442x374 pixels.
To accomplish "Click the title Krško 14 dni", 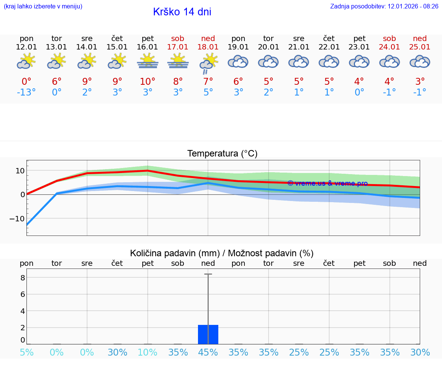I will click(x=182, y=12).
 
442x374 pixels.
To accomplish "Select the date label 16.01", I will click(x=148, y=47).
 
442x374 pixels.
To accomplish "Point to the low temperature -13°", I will click(x=26, y=92).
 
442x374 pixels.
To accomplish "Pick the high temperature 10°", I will click(x=148, y=82).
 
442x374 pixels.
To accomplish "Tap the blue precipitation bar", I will click(x=208, y=334).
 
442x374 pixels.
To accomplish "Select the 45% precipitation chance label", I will click(x=208, y=353).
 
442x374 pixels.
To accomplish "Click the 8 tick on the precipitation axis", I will click(x=23, y=278).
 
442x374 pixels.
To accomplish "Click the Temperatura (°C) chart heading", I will click(x=222, y=154).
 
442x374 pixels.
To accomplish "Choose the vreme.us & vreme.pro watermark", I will click(x=327, y=183).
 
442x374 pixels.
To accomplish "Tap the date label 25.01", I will click(x=420, y=47).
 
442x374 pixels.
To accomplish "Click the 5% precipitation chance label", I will click(x=26, y=353).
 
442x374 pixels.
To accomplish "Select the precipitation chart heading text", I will click(x=222, y=253).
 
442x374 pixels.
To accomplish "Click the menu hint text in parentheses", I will click(x=43, y=7).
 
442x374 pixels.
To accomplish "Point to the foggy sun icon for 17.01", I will click(x=178, y=61).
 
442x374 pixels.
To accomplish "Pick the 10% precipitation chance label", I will click(x=148, y=353).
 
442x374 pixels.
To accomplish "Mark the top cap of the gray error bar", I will click(x=208, y=274).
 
